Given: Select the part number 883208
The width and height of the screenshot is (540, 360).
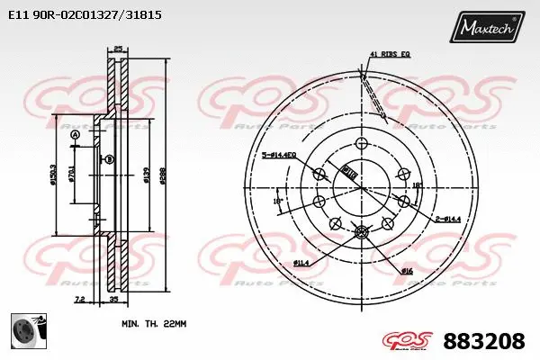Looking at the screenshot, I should [484, 342].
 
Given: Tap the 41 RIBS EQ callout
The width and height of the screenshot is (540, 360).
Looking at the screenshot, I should [389, 56].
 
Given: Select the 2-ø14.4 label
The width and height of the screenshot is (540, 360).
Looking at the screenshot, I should [448, 219].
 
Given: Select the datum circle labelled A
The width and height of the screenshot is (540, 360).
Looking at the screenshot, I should [75, 136].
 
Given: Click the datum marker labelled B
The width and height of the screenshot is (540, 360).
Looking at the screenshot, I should [109, 159].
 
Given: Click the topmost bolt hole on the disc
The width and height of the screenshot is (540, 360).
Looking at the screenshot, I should [362, 144].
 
